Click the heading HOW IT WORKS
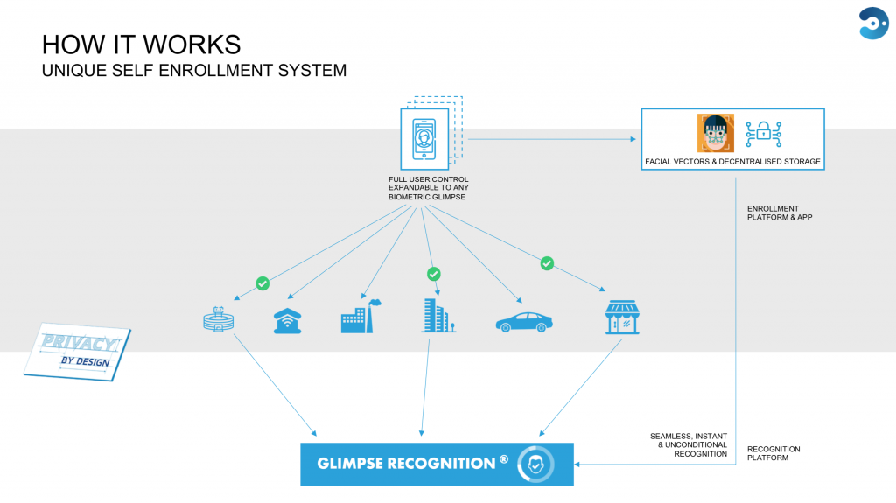[141, 45]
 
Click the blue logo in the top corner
[873, 23]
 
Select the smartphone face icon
[424, 139]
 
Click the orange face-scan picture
[715, 133]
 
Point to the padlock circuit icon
[763, 135]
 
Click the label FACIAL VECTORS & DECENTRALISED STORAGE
[732, 162]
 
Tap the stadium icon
[218, 319]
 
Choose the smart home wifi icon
[287, 321]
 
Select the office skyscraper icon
[438, 316]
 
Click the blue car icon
[524, 323]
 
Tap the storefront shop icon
[622, 317]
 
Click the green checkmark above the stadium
[262, 283]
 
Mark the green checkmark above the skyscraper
[434, 275]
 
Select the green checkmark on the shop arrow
[547, 263]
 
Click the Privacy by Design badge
[77, 352]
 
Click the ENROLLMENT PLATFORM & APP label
[780, 213]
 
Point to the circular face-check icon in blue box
[535, 465]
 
